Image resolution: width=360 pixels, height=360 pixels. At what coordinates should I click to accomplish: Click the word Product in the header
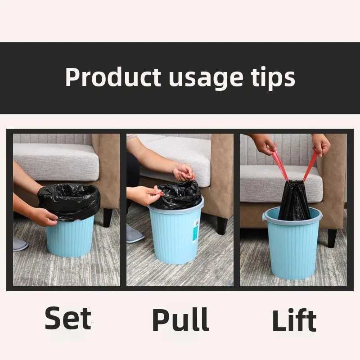(113, 77)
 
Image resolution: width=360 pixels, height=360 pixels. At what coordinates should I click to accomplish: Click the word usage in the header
(206, 79)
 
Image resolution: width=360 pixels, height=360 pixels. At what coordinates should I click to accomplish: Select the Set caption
(68, 318)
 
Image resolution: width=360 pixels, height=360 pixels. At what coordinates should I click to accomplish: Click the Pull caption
(180, 319)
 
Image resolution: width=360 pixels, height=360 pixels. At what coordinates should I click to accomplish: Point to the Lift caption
(294, 320)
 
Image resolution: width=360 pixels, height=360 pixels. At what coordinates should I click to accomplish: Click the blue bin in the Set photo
(70, 237)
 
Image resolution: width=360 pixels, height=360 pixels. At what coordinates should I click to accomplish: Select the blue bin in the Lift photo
(292, 244)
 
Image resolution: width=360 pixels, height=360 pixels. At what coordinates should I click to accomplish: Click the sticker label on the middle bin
(196, 231)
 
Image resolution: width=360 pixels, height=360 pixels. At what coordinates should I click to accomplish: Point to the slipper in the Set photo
(20, 244)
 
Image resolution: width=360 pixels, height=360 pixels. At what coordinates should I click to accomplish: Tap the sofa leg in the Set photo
(108, 217)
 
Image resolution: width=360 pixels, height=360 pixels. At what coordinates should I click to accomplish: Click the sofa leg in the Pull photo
(222, 226)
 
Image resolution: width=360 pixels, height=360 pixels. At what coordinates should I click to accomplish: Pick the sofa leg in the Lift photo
(332, 238)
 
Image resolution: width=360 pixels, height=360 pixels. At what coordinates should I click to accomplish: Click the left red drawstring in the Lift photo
(280, 164)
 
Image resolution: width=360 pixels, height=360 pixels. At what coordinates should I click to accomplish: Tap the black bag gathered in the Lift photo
(294, 200)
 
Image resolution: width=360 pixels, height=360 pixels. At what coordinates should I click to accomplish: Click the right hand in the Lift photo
(321, 144)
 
